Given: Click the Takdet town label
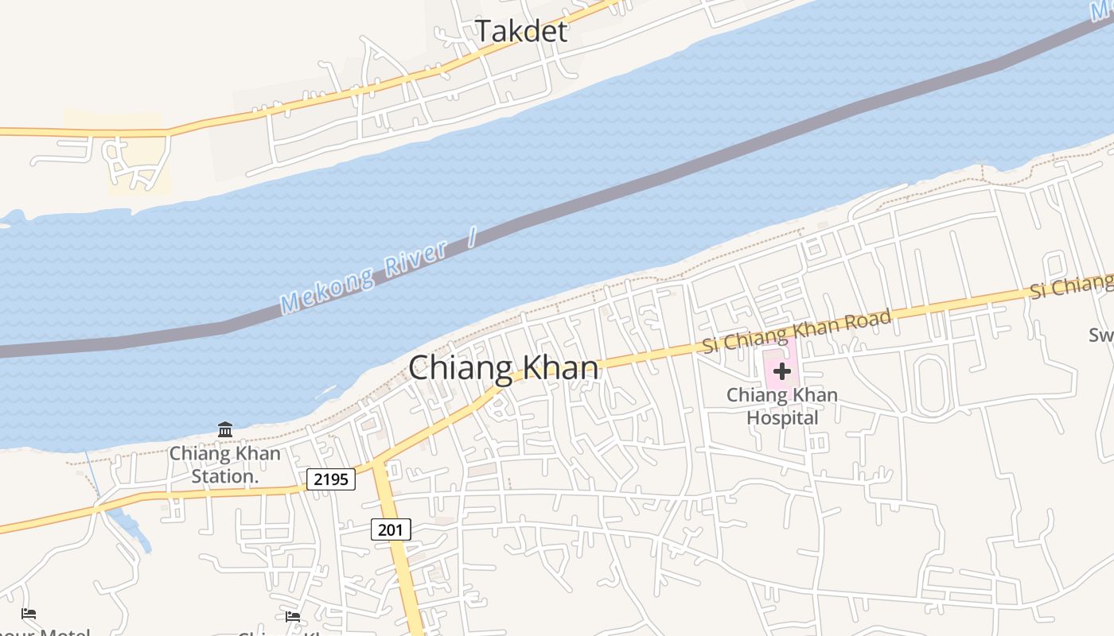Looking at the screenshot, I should click(x=521, y=31).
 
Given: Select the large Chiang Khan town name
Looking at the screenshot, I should click(x=503, y=368).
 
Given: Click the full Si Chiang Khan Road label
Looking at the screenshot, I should click(x=797, y=332).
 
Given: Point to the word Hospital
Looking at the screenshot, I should click(x=782, y=417).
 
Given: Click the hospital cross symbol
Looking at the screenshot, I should click(x=781, y=371).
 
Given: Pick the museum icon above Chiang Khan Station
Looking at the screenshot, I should click(x=225, y=430).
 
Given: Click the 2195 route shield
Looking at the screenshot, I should click(x=330, y=479).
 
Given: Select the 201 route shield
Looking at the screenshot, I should click(x=391, y=529).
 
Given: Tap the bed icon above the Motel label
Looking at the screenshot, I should click(x=29, y=614).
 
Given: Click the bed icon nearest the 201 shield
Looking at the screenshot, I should click(x=293, y=616).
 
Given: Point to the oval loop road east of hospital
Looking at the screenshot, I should click(x=931, y=386).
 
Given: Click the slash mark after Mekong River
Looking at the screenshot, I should click(x=471, y=236).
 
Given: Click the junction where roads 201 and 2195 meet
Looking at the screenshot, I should click(x=378, y=465).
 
